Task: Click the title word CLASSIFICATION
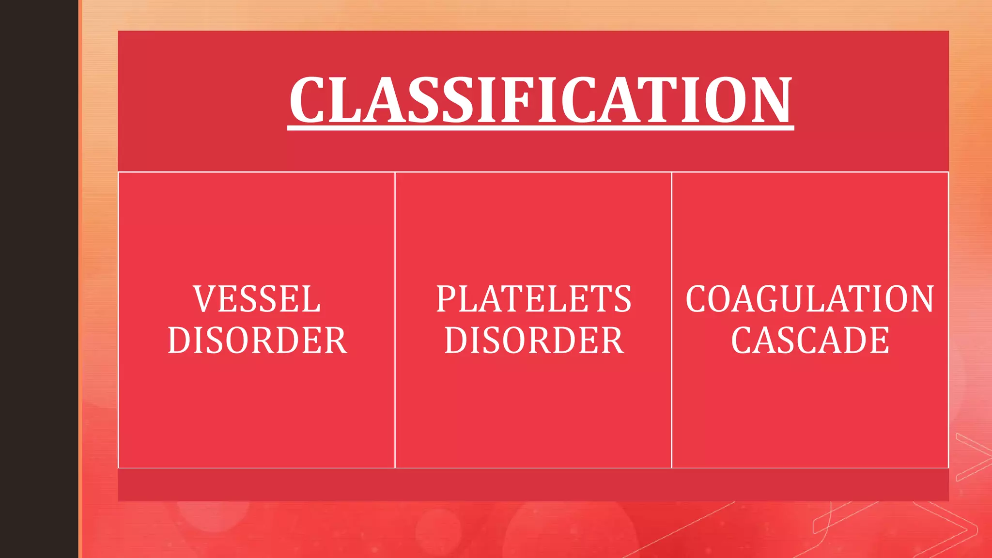tap(540, 100)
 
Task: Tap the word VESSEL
tap(257, 299)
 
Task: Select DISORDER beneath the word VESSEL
tap(257, 340)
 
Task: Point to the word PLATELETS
tap(533, 299)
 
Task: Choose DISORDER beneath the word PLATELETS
tap(534, 340)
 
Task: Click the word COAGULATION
tap(809, 299)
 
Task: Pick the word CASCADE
tap(810, 340)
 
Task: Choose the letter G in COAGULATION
tap(775, 299)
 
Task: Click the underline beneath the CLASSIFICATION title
tap(540, 128)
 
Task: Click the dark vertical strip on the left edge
tap(39, 279)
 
